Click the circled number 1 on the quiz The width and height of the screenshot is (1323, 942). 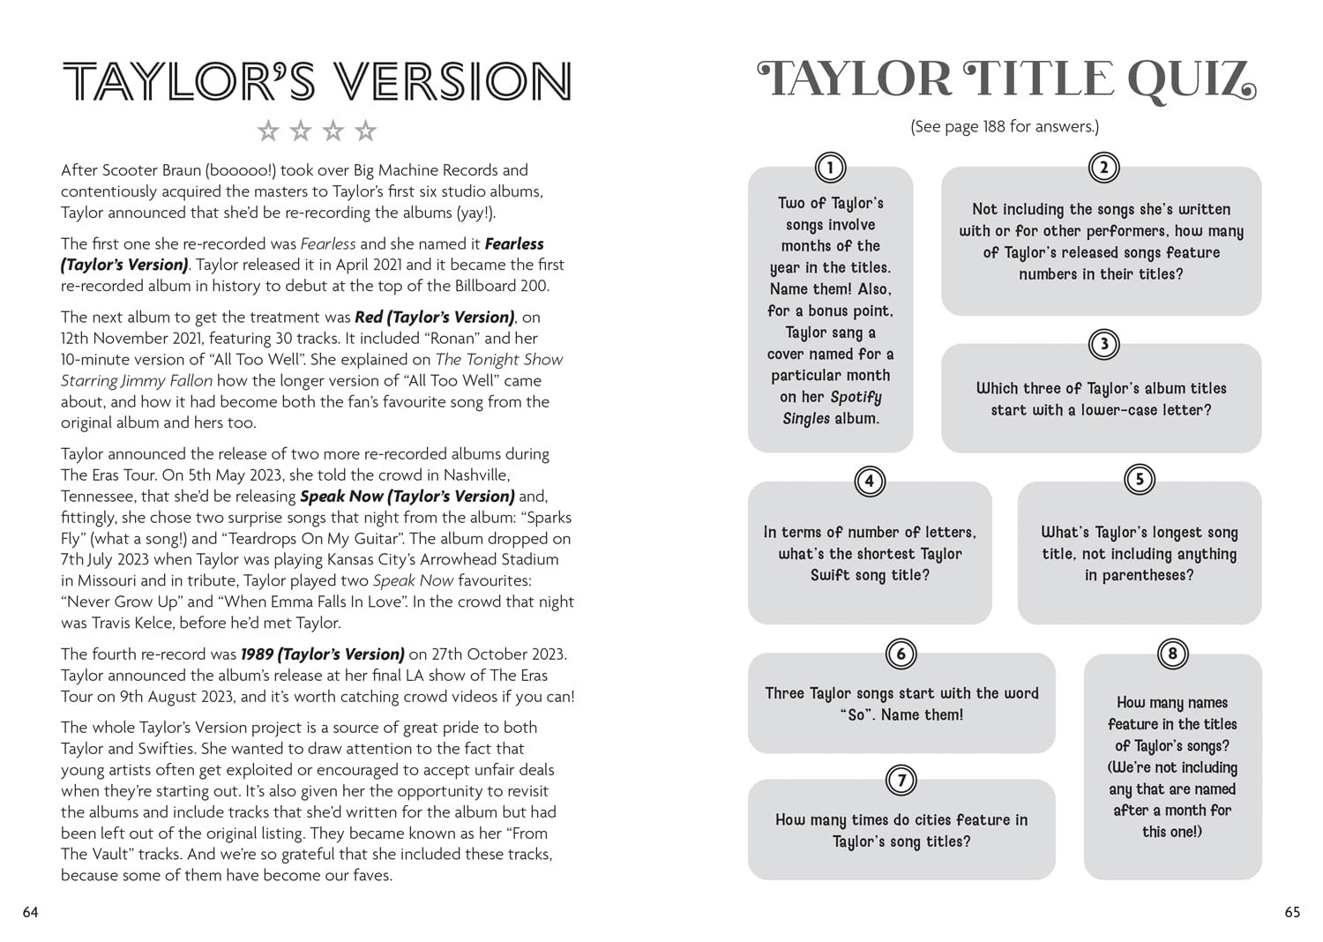[x=830, y=167]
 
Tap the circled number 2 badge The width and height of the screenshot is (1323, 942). [x=1103, y=167]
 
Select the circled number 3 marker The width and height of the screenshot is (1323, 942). [x=1103, y=344]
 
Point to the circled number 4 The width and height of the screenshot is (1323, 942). [x=870, y=481]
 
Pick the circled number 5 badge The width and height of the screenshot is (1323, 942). [x=1140, y=479]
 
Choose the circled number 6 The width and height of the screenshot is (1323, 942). [x=901, y=654]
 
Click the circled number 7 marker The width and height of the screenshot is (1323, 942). [x=901, y=781]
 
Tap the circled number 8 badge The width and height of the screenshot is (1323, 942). [x=1172, y=654]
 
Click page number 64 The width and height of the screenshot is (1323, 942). [x=31, y=913]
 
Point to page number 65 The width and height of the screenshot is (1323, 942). [x=1292, y=913]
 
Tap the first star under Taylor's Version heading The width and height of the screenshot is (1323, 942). [x=268, y=131]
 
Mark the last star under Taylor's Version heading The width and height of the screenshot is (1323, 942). [x=365, y=131]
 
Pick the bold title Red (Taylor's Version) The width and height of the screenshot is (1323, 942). [x=434, y=318]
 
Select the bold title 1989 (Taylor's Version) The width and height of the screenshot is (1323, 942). [x=322, y=654]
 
